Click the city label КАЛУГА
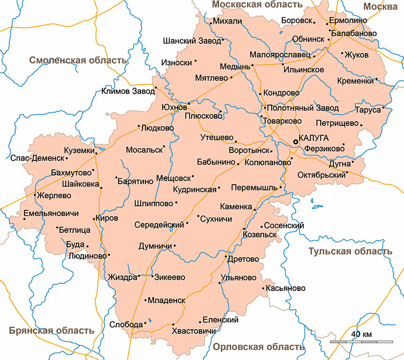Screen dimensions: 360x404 tap(315, 138)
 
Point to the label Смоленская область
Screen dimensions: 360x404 tap(78, 60)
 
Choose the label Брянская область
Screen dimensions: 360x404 tap(51, 331)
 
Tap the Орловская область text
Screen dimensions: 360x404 tap(259, 347)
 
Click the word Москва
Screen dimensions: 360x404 tap(380, 6)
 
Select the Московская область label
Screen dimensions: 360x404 tap(257, 5)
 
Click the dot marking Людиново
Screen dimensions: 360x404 tap(109, 255)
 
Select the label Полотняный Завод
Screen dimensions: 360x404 tap(303, 108)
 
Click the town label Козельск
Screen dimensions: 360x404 tap(260, 234)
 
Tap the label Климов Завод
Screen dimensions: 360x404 tap(128, 91)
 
